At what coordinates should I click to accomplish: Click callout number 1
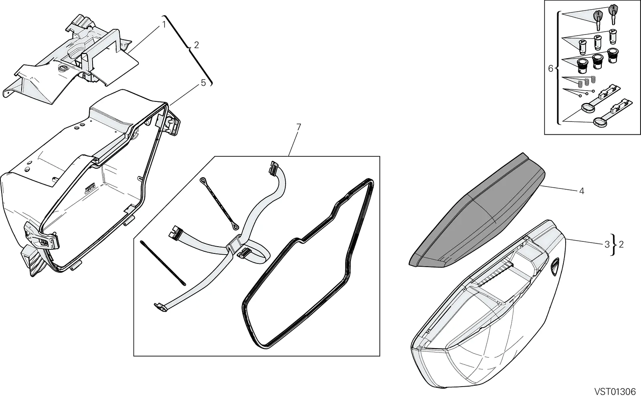click(x=164, y=24)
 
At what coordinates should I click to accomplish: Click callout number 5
click(x=203, y=83)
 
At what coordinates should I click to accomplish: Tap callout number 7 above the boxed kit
click(x=298, y=127)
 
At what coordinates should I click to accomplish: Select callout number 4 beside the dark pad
click(x=581, y=191)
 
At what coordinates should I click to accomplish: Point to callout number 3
click(x=607, y=244)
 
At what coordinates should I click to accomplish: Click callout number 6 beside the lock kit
click(x=550, y=69)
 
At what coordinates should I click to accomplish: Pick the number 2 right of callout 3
click(x=621, y=244)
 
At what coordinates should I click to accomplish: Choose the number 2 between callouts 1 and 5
click(x=196, y=45)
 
